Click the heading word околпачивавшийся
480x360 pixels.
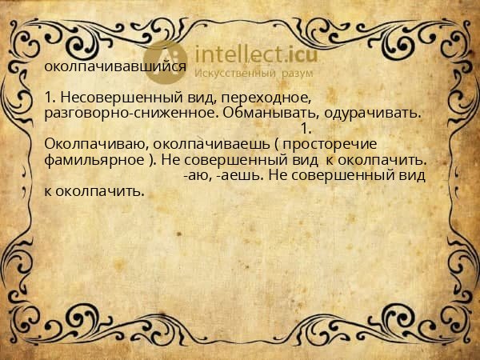[116, 67]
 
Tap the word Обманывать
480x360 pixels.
[270, 113]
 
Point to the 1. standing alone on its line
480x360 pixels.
[304, 128]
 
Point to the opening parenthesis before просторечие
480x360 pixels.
[277, 144]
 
